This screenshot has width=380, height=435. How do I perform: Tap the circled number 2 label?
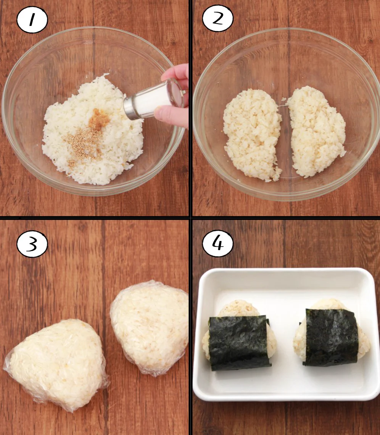coord(217,19)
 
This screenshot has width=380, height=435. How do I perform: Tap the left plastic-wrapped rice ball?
coord(57,362)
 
